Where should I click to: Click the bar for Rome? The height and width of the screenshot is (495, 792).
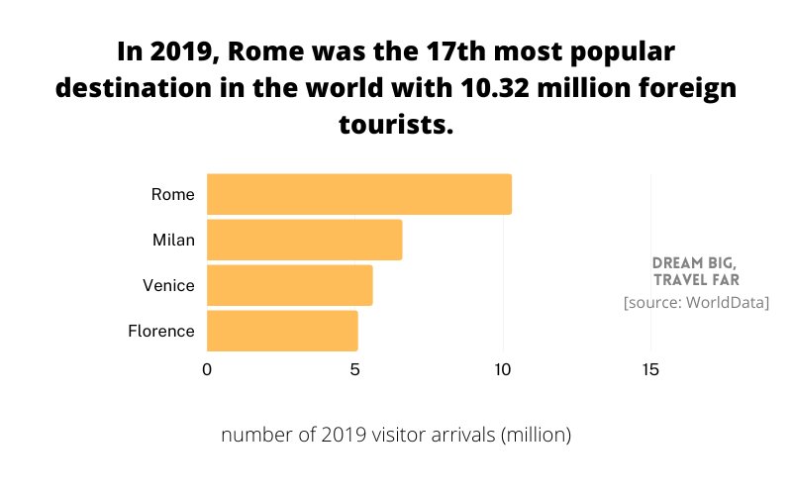358,194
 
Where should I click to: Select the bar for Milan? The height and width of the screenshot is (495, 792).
304,240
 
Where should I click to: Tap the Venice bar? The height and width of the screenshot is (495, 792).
289,285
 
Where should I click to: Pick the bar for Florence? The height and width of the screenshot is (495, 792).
282,331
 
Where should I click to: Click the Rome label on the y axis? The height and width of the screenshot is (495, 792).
172,194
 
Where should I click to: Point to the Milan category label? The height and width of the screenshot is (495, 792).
173,240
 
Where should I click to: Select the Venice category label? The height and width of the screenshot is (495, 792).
168,285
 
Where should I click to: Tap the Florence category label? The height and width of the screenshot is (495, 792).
161,331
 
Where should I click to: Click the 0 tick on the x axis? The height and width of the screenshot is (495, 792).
207,369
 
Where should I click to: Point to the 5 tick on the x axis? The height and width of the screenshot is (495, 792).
354,369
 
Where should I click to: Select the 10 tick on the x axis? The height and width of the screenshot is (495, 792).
503,369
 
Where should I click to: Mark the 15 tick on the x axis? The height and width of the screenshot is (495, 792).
650,369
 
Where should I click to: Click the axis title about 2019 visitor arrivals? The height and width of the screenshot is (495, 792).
396,435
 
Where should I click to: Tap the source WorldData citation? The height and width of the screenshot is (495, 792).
696,302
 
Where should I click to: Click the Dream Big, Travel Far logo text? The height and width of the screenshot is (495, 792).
695,271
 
